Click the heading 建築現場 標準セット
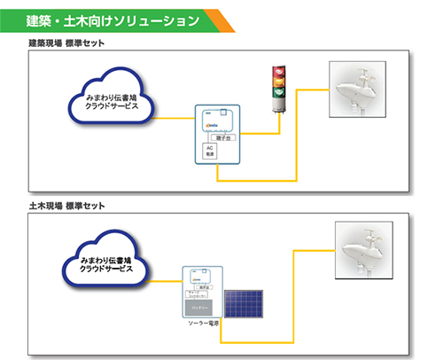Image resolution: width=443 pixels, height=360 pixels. pyautogui.click(x=67, y=43)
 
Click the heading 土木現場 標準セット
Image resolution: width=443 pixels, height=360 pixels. pyautogui.click(x=67, y=206)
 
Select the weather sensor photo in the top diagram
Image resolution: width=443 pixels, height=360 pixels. pyautogui.click(x=364, y=90)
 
